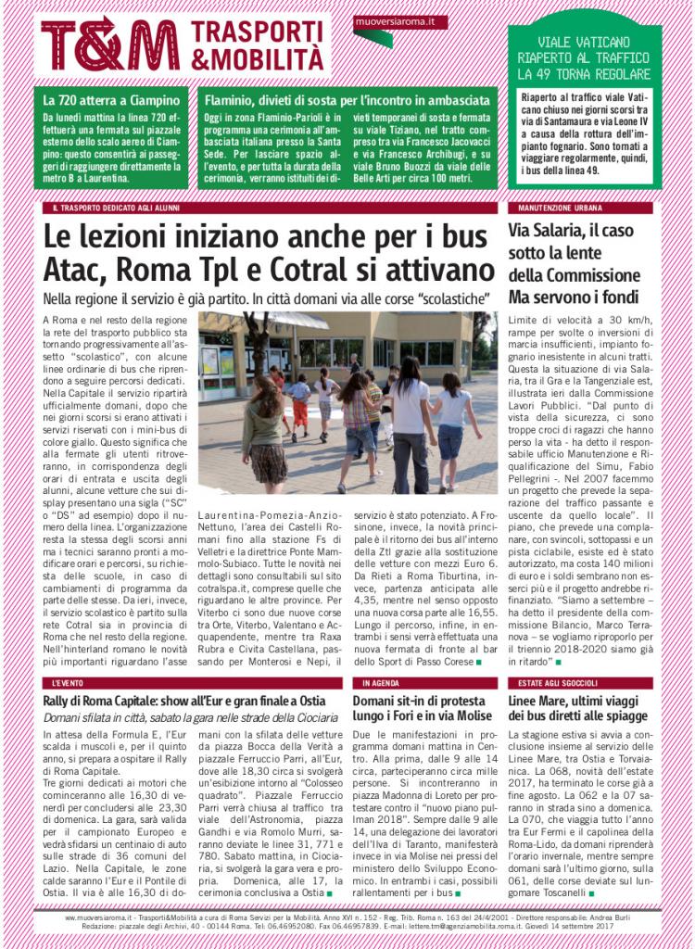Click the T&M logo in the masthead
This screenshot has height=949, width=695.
(109, 44)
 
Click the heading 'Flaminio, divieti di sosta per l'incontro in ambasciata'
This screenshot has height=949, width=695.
(347, 100)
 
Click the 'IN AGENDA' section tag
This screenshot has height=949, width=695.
(380, 682)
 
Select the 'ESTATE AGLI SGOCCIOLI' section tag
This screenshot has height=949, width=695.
(560, 682)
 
